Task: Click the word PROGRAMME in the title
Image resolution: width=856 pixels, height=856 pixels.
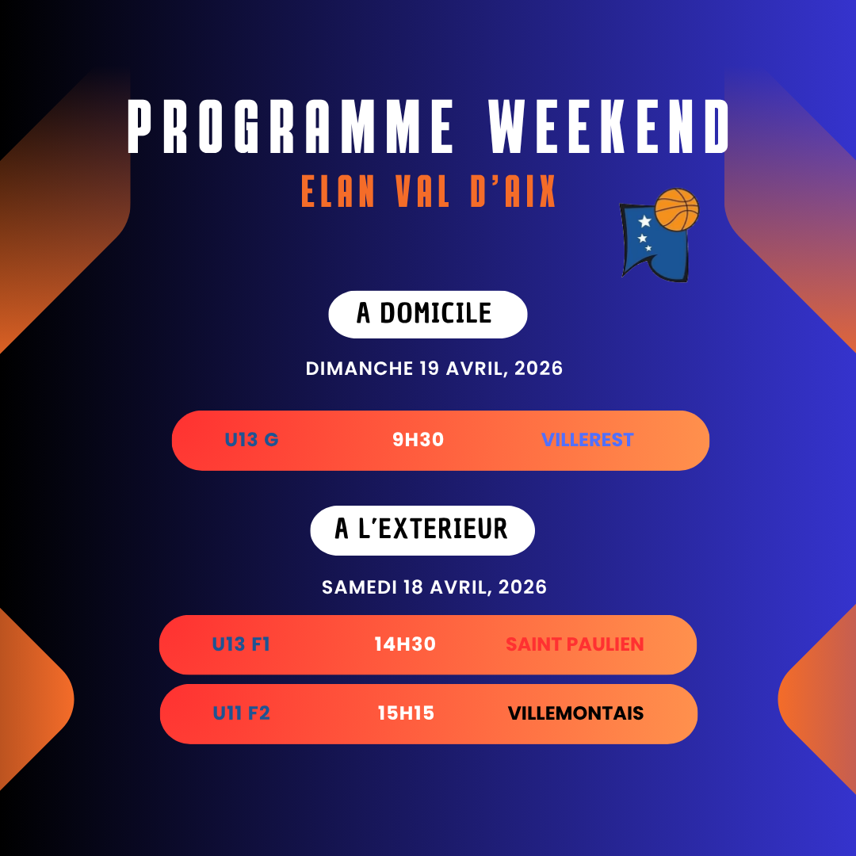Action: click(290, 126)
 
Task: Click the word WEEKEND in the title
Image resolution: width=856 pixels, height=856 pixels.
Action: click(609, 126)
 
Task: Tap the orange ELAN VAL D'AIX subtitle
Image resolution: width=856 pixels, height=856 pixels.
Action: click(428, 191)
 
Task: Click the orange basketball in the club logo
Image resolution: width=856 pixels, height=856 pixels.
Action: click(676, 209)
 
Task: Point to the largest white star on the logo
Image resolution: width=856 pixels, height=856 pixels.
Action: click(644, 221)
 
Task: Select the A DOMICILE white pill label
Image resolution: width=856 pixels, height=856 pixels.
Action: click(427, 315)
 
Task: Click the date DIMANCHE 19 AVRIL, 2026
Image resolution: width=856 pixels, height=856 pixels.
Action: click(434, 369)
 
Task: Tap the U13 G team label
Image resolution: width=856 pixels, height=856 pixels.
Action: click(252, 439)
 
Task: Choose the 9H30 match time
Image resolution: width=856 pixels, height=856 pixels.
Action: click(418, 439)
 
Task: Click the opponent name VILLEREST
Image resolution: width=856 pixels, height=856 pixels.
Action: click(587, 439)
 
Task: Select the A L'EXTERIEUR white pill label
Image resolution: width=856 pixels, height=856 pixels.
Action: click(422, 530)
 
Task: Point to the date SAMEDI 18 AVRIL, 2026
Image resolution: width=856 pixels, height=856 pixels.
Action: click(434, 587)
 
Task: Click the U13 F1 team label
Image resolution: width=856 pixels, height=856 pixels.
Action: click(241, 644)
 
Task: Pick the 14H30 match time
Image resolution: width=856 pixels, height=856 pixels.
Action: click(405, 644)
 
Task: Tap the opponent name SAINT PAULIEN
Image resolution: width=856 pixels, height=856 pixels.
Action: click(575, 644)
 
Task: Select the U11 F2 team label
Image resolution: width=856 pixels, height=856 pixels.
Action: click(241, 713)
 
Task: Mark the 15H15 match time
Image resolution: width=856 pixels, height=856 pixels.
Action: click(406, 713)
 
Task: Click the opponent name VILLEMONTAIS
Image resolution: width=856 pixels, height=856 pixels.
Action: click(575, 713)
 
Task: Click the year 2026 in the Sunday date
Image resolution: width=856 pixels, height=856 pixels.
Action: click(538, 369)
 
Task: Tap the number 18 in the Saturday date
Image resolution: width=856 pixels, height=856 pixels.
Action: click(413, 587)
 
